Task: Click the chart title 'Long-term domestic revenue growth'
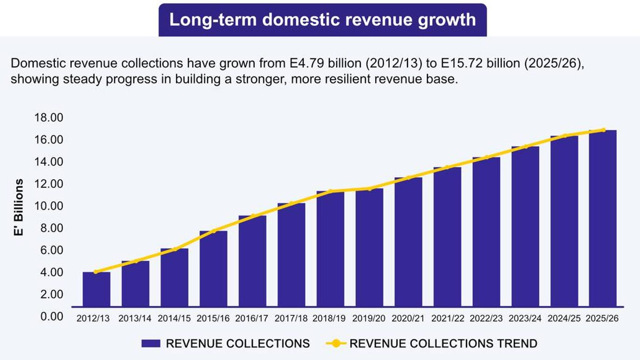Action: click(323, 20)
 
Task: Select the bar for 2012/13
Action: click(96, 289)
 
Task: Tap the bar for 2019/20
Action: click(369, 248)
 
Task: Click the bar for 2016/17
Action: click(253, 261)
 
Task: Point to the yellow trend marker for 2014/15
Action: click(175, 249)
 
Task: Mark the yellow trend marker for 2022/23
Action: click(486, 157)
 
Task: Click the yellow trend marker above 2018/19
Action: click(330, 191)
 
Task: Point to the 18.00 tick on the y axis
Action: click(48, 118)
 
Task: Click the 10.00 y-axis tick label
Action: click(48, 206)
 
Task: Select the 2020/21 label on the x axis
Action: click(408, 318)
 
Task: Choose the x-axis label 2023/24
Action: click(525, 318)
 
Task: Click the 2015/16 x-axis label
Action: click(213, 318)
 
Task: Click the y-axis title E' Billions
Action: click(20, 207)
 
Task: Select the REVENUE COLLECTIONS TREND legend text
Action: click(443, 344)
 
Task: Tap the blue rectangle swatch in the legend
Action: click(151, 344)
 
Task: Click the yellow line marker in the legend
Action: click(336, 344)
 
